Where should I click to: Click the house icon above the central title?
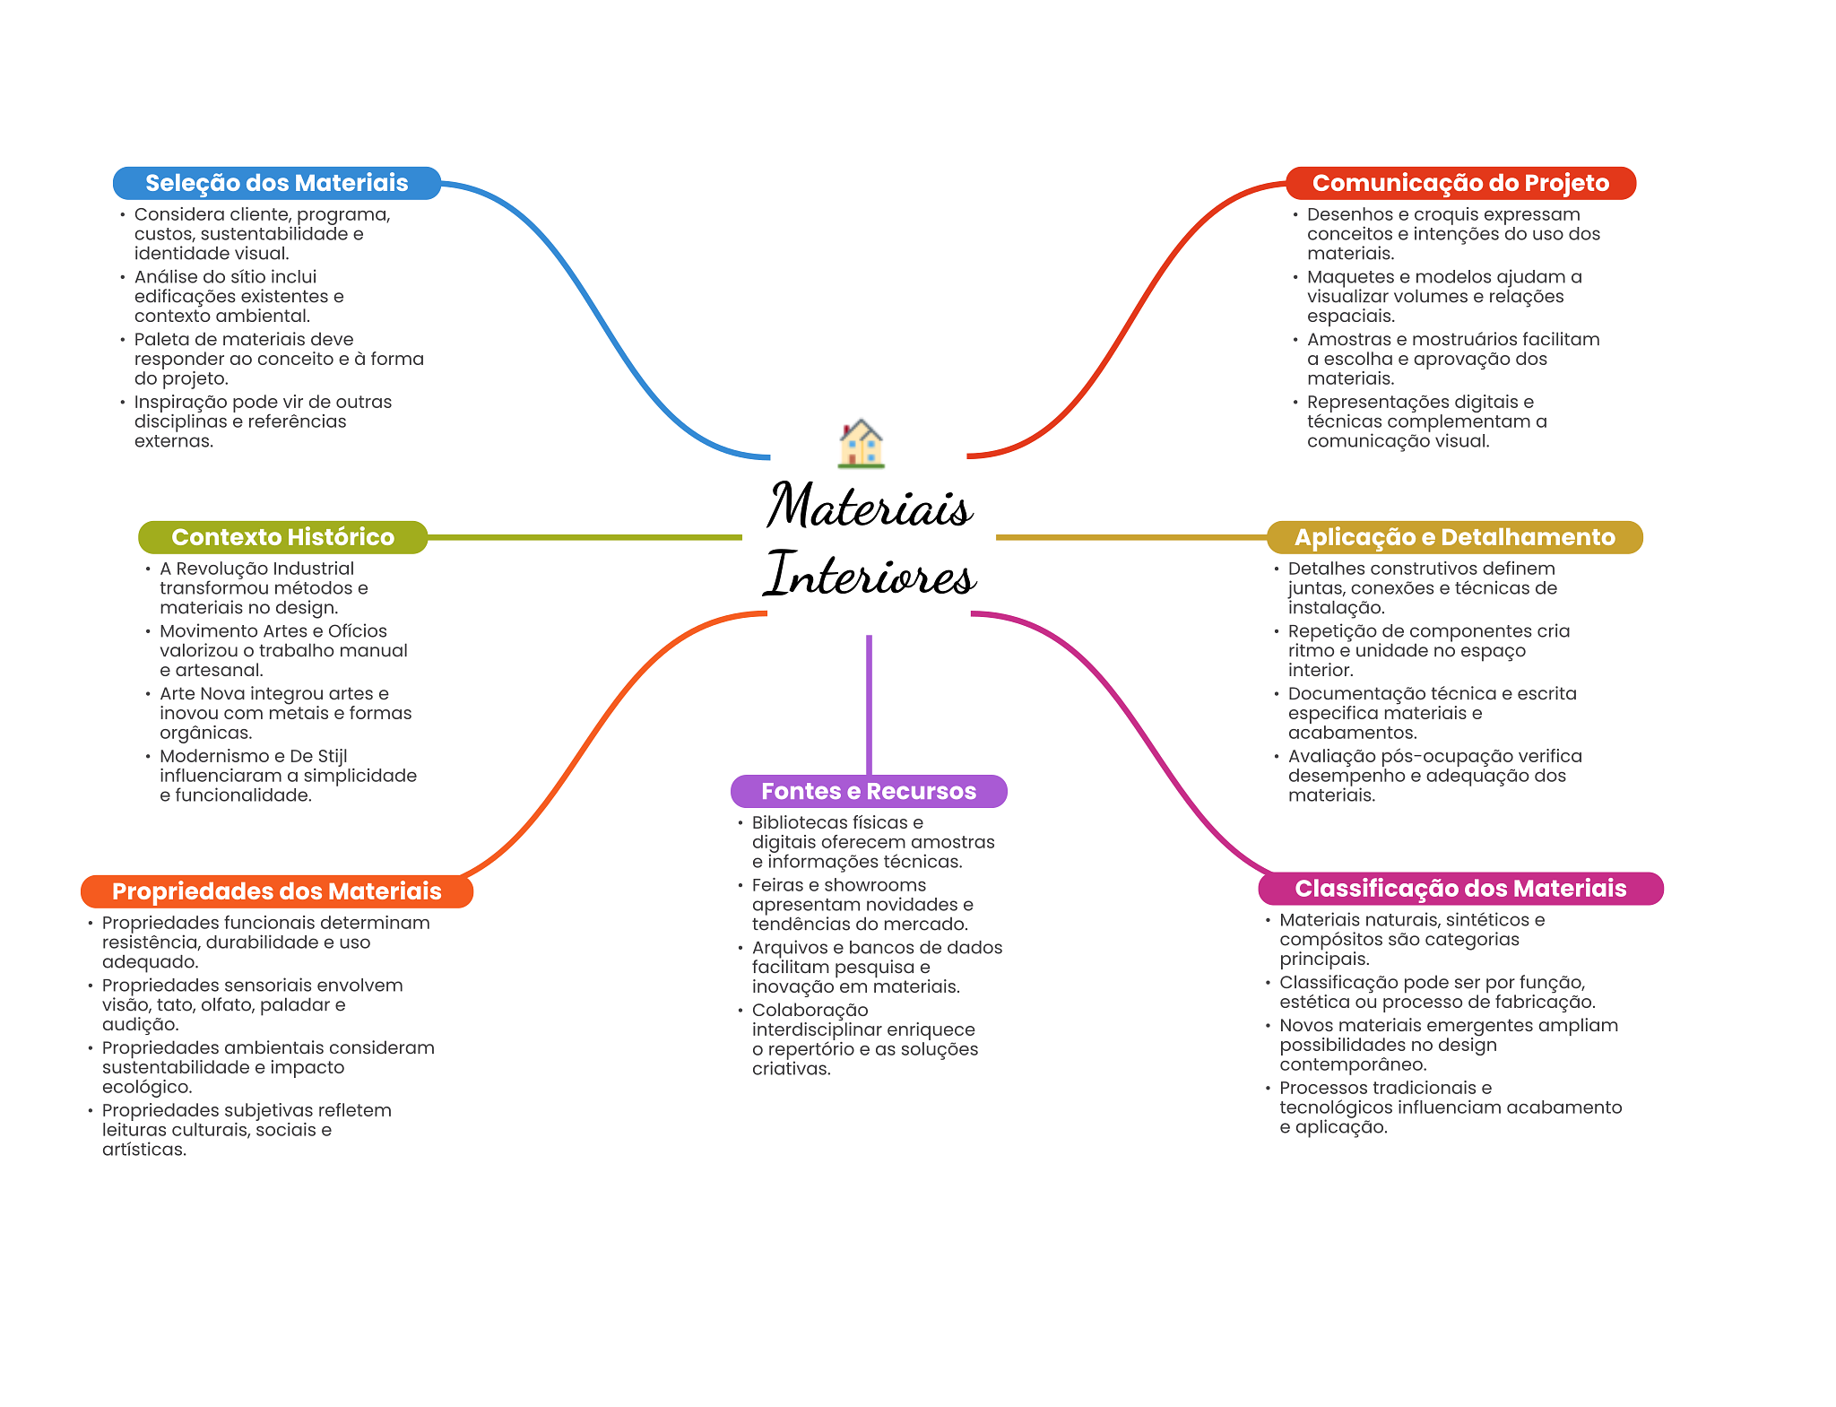[x=861, y=443]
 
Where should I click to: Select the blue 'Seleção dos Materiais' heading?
[x=276, y=183]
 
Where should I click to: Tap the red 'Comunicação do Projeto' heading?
[x=1460, y=183]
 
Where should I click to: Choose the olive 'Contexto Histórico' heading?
[x=282, y=537]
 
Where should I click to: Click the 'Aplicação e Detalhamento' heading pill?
[x=1454, y=537]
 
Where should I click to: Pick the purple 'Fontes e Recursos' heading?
[x=869, y=791]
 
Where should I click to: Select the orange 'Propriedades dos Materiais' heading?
[x=276, y=891]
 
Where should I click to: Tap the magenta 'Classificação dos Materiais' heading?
[x=1460, y=889]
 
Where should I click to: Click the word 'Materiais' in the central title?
[x=870, y=505]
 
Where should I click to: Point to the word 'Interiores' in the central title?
[x=870, y=574]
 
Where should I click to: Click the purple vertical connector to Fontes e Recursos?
[x=869, y=705]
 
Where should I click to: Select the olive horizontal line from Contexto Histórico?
[x=585, y=537]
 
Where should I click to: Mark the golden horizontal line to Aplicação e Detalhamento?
[x=1131, y=537]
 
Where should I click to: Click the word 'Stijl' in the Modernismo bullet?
[x=332, y=756]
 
